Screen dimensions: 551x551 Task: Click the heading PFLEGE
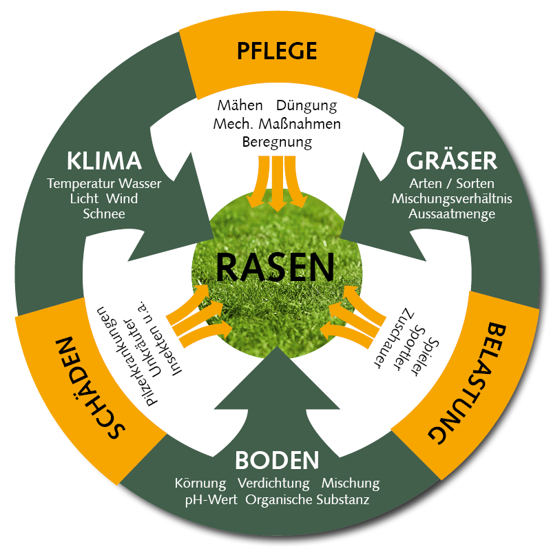(276, 51)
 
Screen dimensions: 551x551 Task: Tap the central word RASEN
(275, 267)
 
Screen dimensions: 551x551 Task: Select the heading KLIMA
(105, 161)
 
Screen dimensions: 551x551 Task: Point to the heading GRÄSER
(452, 160)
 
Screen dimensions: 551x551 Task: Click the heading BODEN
(277, 460)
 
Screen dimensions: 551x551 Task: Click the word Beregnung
(277, 143)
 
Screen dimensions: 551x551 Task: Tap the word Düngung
(306, 106)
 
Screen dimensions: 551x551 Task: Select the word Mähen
(240, 106)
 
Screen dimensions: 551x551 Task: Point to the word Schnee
(104, 214)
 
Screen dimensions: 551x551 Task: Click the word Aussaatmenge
(452, 214)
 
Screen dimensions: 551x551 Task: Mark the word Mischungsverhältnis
(452, 199)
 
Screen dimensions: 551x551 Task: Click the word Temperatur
(81, 184)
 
